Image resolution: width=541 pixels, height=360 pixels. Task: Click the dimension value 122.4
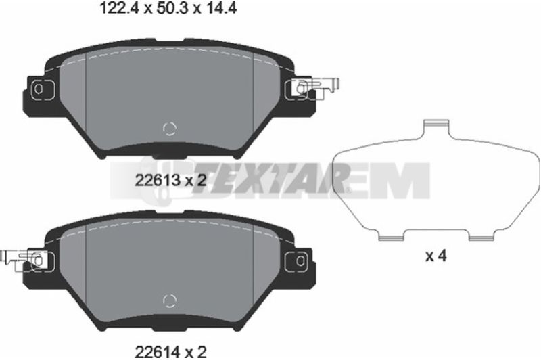pos(119,8)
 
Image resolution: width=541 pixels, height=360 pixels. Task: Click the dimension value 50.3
pos(172,8)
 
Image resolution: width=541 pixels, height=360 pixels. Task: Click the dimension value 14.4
pos(221,8)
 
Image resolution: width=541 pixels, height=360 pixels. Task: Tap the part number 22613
pos(158,180)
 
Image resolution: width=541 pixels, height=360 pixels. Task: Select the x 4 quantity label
pos(436,256)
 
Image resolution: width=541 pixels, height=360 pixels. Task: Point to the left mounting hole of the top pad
pos(39,89)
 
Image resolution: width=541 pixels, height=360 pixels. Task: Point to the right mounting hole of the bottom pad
pos(300,261)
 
